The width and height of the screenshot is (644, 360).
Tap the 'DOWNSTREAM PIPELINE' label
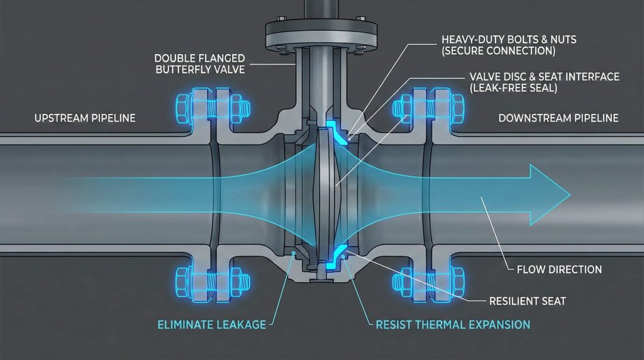coord(558,118)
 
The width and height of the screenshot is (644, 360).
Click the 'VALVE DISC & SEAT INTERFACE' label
coord(545,77)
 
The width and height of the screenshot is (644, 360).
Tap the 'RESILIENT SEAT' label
coord(528,301)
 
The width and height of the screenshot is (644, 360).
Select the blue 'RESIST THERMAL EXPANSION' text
coord(453,325)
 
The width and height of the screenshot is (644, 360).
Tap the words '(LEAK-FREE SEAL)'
coord(512,89)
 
